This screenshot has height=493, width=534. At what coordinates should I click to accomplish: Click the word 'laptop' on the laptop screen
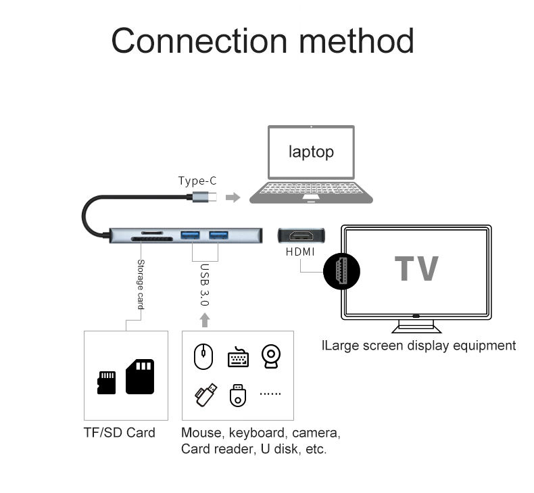tap(311, 151)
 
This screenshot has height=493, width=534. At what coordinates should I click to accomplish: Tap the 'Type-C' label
tap(197, 181)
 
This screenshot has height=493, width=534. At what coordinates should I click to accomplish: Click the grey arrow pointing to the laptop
tap(233, 197)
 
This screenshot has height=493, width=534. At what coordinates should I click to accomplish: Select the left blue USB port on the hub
tap(189, 236)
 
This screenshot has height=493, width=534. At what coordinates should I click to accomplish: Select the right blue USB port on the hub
tap(218, 236)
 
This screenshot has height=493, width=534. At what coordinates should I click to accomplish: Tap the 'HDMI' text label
tap(300, 252)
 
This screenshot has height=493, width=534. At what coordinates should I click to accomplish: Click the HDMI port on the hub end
tap(301, 237)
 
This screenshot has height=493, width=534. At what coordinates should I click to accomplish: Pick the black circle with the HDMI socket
tap(341, 272)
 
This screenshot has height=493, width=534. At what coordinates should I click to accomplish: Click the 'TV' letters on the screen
tap(416, 268)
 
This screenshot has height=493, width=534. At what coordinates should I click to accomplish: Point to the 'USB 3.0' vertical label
tap(205, 285)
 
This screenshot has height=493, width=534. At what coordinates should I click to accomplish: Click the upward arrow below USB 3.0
tap(205, 319)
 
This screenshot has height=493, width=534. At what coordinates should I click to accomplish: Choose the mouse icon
tap(203, 356)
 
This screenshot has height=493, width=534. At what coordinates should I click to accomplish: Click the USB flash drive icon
tap(206, 394)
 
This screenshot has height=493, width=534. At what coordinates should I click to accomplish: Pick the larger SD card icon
tap(140, 376)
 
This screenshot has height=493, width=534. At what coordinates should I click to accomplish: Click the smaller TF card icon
tap(107, 382)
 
